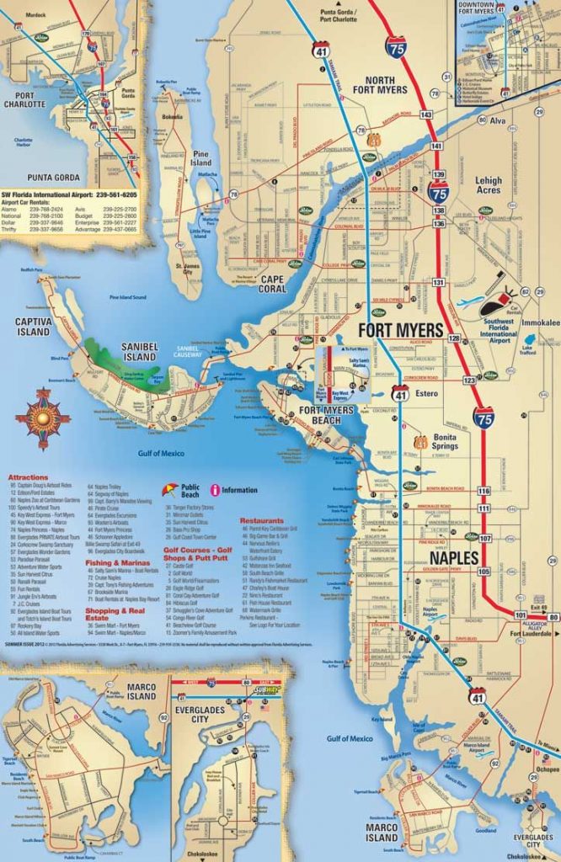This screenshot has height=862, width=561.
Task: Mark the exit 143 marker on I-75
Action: point(426,114)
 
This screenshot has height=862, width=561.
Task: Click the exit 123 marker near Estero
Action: point(469,381)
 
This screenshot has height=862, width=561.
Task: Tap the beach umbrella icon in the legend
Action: point(170,488)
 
